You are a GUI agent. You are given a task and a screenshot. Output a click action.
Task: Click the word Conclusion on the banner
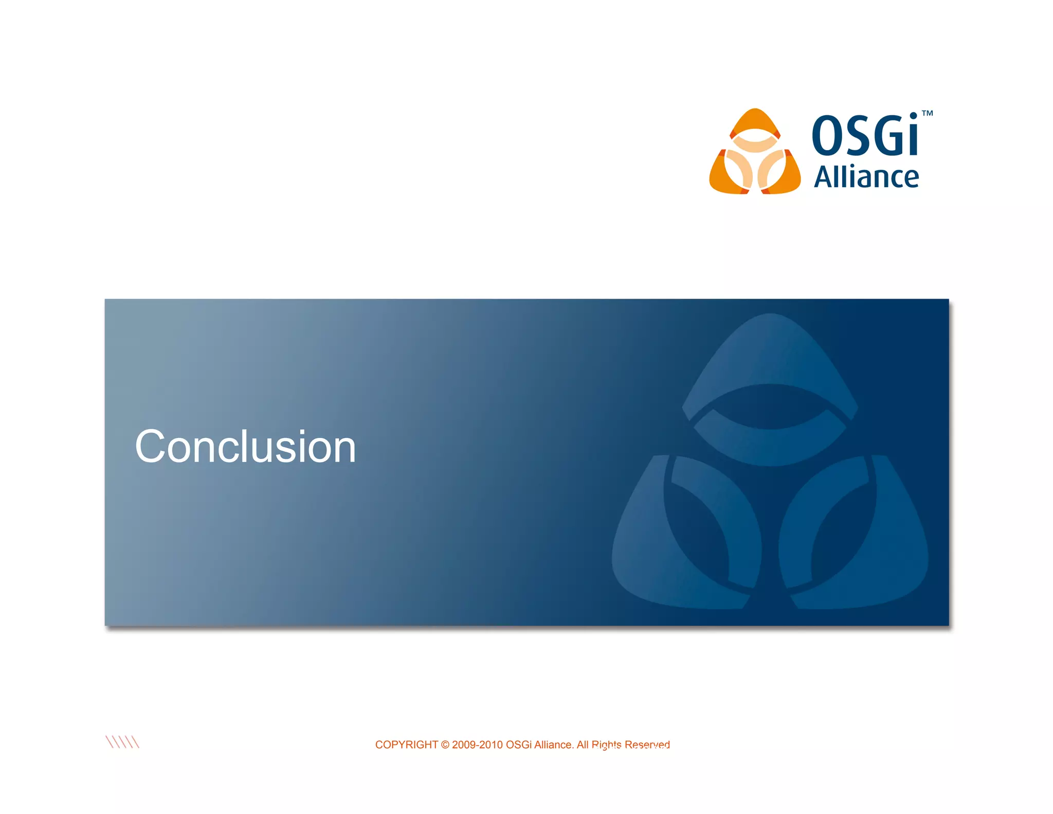coord(245,447)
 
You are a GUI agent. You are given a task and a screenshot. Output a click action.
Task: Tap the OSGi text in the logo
coord(865,135)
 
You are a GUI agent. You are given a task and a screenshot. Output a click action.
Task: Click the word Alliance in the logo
coord(866,178)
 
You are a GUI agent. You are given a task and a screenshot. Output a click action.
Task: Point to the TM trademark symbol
coord(927,113)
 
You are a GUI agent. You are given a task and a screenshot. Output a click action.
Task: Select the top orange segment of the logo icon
coord(755,121)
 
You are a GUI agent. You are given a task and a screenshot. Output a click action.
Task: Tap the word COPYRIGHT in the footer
coord(406,745)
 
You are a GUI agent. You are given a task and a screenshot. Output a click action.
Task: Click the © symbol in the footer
coord(445,745)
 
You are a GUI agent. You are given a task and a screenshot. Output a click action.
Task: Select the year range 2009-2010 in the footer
coord(477,745)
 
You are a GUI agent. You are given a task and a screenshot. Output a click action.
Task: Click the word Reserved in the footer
coord(647,745)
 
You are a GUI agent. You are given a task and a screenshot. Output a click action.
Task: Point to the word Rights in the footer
coord(606,745)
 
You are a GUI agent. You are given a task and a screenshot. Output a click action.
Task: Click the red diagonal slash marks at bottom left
coord(122,742)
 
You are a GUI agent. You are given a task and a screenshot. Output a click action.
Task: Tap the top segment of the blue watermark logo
coord(770,355)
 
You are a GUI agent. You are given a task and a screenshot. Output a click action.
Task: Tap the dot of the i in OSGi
coord(913,116)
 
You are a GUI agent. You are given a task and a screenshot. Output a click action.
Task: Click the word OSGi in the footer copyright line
coord(519,745)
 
